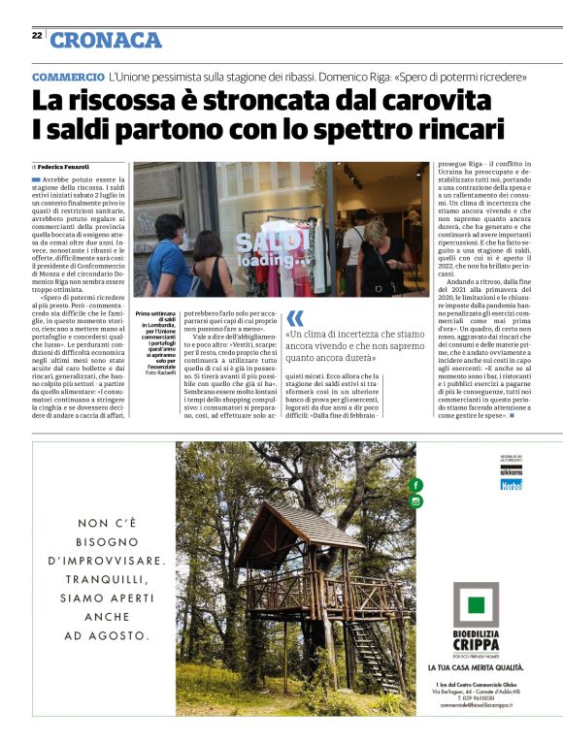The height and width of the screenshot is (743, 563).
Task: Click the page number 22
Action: pos(36,36)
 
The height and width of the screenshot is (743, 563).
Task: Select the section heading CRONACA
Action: pos(106,40)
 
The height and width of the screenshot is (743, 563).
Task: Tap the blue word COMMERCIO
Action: pos(68,76)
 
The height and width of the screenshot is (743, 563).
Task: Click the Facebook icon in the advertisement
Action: pos(416,485)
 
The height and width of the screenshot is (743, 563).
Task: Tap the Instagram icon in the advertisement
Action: pos(416,501)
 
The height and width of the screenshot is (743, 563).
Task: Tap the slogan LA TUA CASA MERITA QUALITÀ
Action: pos(477,668)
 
